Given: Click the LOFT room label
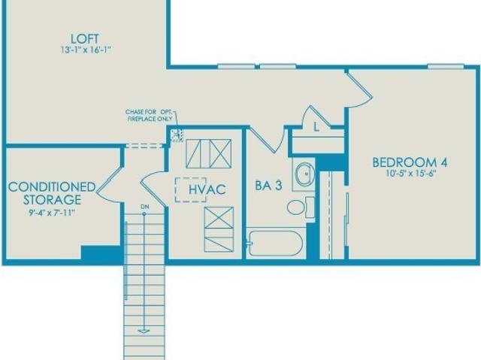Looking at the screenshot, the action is click(85, 39).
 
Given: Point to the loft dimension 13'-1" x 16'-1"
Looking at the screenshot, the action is click(85, 50).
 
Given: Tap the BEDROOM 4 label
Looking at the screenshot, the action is click(410, 162).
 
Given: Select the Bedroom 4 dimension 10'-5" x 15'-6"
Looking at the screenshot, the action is click(411, 174).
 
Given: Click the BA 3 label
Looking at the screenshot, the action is click(269, 186).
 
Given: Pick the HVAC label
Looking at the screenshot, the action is click(207, 189).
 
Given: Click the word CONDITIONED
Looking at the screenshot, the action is click(52, 186).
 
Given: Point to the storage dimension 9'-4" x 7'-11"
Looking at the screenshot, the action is click(52, 213).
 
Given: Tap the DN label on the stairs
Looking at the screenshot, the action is click(145, 207).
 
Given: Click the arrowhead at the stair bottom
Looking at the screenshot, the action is click(144, 331).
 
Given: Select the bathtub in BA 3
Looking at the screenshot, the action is click(275, 244).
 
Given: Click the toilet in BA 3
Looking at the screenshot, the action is click(301, 207).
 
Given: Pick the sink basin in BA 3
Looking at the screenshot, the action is click(304, 174).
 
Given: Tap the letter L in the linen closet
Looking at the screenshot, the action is click(316, 127).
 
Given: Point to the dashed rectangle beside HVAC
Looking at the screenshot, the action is click(190, 190).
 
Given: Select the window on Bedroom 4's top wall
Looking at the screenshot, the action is click(446, 66).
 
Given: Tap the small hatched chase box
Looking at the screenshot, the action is click(177, 135).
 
